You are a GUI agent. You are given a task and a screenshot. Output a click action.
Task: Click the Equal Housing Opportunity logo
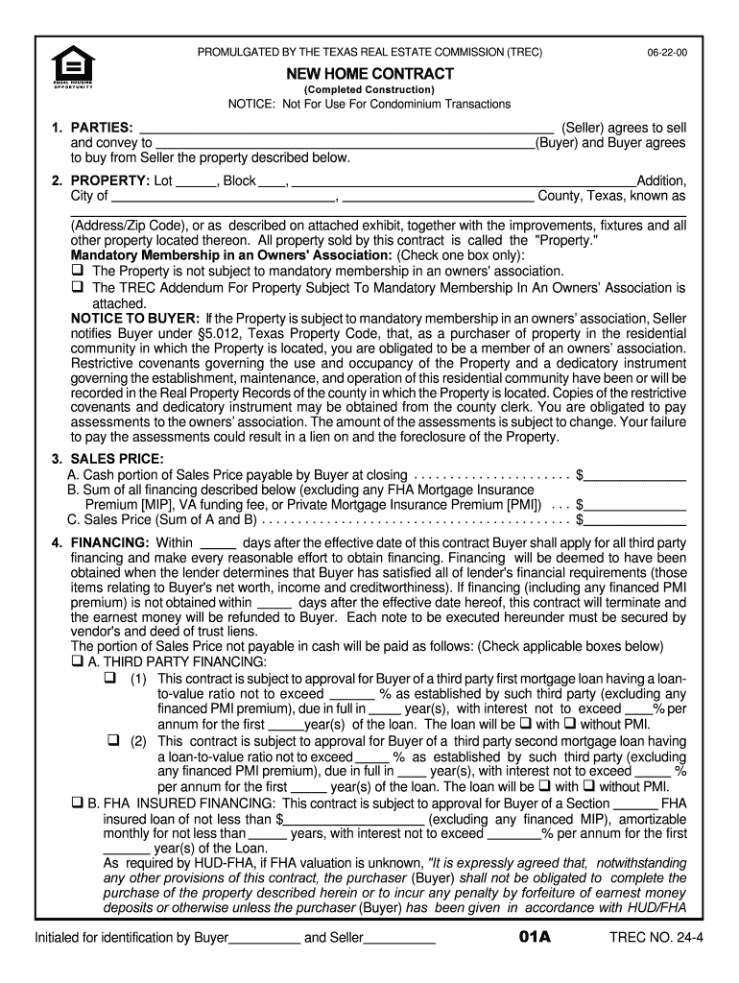point(66,66)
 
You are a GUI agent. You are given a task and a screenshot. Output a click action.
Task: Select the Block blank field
point(273,180)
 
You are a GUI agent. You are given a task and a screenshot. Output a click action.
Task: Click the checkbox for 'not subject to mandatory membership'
point(78,271)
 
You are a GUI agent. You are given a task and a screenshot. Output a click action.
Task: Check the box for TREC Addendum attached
point(78,287)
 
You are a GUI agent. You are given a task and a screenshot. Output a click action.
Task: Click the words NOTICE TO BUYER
point(135,318)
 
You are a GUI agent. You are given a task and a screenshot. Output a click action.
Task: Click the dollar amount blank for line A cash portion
point(635,474)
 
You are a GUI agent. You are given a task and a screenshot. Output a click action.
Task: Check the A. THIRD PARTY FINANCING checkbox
point(78,662)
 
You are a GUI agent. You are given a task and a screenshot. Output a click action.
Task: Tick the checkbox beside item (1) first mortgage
point(110,679)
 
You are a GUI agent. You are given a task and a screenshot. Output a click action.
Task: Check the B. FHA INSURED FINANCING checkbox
point(78,803)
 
